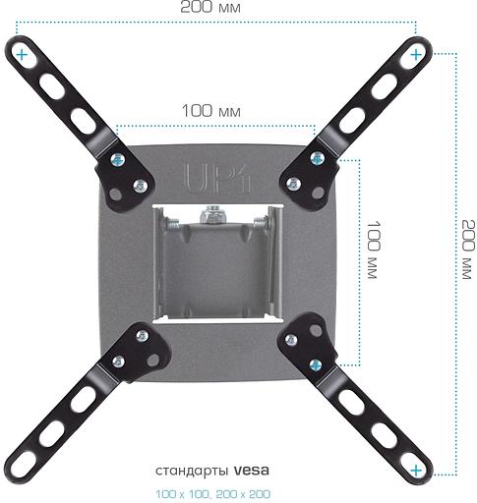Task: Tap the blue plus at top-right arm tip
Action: [418, 51]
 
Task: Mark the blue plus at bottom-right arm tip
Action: [418, 471]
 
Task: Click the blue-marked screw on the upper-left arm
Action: [119, 158]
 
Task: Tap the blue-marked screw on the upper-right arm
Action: [317, 157]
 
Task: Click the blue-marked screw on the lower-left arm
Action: [118, 362]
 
